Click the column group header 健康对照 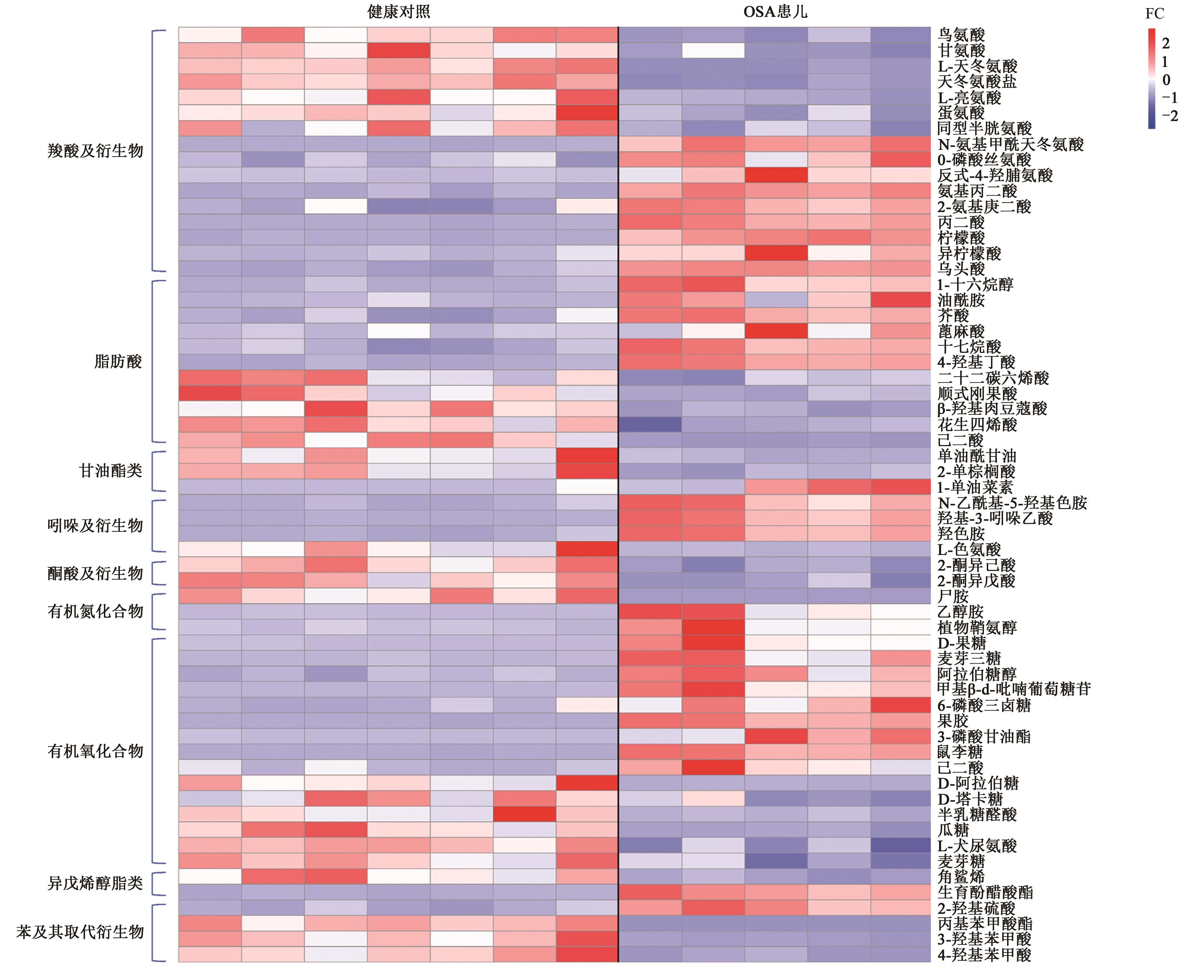398,12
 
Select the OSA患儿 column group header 775,12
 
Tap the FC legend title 1155,14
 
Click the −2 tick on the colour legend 1169,116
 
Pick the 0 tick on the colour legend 1166,80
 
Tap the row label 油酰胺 961,301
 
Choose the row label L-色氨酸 969,549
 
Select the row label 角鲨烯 961,877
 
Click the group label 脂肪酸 118,362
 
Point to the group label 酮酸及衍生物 95,573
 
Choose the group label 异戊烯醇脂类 95,883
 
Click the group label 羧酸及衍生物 95,150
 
